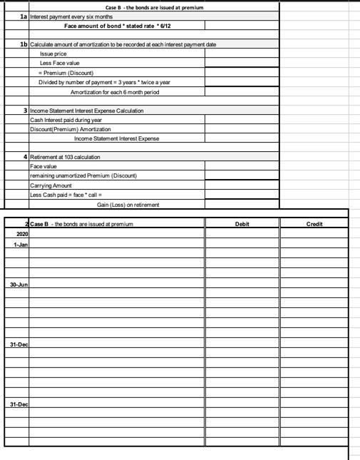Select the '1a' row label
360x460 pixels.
pyautogui.click(x=24, y=16)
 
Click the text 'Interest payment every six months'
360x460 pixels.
pyautogui.click(x=71, y=16)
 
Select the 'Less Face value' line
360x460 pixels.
pyautogui.click(x=59, y=63)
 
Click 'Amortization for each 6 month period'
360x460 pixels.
pyautogui.click(x=114, y=92)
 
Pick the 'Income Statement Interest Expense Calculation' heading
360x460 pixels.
pyautogui.click(x=86, y=111)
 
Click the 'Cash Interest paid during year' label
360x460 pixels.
pyautogui.click(x=66, y=120)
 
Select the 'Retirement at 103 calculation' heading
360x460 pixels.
pyautogui.click(x=65, y=156)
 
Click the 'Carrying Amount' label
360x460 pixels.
pyautogui.click(x=51, y=185)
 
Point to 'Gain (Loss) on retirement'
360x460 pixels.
pyautogui.click(x=128, y=204)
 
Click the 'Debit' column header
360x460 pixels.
pyautogui.click(x=242, y=224)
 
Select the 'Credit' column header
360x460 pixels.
pyautogui.click(x=314, y=224)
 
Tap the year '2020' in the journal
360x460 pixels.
pyautogui.click(x=22, y=233)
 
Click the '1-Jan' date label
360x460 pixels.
pyautogui.click(x=20, y=244)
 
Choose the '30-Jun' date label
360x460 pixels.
pyautogui.click(x=19, y=284)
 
